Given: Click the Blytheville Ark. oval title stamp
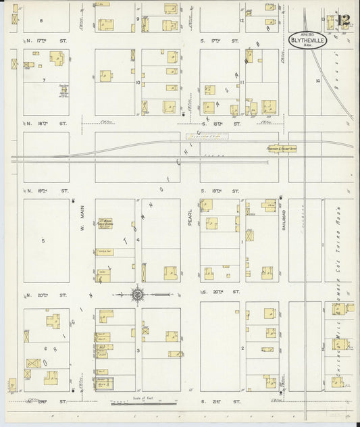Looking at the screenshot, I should (x=306, y=41).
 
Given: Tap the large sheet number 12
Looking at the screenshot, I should (x=342, y=20).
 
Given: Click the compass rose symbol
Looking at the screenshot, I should (x=137, y=294).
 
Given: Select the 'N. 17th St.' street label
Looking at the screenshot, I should (x=46, y=41).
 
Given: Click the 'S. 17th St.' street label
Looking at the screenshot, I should (x=220, y=41).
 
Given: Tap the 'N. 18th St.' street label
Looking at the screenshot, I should (x=46, y=124).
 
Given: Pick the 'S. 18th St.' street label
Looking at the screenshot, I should (x=220, y=124).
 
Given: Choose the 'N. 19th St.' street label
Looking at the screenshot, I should (x=46, y=191).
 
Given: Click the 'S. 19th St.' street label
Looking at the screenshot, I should (x=220, y=191).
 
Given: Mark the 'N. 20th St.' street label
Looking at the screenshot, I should (x=46, y=295).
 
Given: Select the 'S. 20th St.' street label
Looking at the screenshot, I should (x=220, y=292).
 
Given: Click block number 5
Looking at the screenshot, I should (x=43, y=241).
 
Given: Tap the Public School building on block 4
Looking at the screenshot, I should (x=105, y=223).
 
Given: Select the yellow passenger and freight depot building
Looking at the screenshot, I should (x=280, y=149).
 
